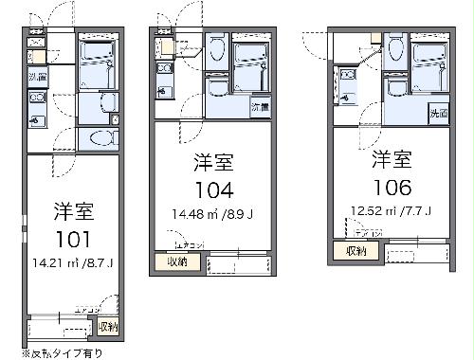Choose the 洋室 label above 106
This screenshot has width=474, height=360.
392,157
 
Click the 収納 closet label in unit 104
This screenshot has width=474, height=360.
177,261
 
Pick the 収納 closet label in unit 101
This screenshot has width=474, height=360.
108,327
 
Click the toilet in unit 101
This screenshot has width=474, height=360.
98,139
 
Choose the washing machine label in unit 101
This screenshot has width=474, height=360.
37,76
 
